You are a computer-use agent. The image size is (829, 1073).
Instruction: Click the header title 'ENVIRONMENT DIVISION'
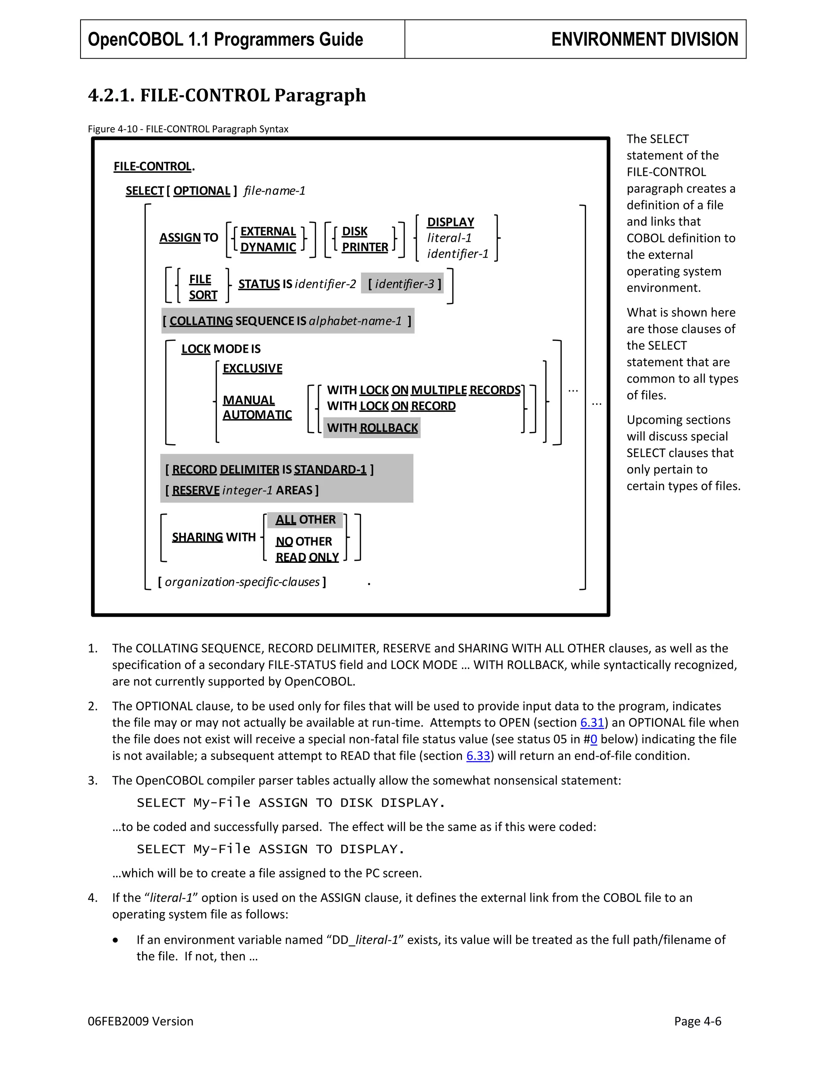(644, 39)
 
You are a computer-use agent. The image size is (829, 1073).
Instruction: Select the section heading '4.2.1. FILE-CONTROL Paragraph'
(227, 95)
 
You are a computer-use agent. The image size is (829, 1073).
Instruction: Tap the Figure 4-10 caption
(188, 129)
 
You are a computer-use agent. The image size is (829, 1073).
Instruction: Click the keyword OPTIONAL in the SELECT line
(202, 191)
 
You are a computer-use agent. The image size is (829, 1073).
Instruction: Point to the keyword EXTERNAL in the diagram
(268, 231)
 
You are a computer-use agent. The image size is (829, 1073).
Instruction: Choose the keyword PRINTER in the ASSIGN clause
(365, 247)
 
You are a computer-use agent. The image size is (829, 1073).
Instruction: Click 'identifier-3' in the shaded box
(404, 284)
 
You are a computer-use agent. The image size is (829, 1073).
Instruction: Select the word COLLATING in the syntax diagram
(201, 321)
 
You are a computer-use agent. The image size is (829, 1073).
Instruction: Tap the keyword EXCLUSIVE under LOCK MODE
(253, 368)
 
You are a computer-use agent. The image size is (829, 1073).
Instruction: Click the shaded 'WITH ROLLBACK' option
(372, 428)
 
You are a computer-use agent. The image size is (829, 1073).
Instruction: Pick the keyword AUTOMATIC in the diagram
(257, 415)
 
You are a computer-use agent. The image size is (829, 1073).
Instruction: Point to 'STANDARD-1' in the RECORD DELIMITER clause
(330, 470)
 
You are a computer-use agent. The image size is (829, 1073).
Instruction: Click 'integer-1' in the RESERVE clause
(247, 490)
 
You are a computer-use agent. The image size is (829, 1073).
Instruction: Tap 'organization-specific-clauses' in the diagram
(242, 582)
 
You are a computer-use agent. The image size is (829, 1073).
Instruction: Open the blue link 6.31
(592, 723)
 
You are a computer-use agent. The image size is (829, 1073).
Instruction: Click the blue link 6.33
(478, 756)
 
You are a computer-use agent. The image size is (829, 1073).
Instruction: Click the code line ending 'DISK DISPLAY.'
(291, 803)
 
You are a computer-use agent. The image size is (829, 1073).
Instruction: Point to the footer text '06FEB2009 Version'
(140, 1022)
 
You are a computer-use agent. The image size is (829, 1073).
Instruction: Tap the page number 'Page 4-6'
(697, 1022)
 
